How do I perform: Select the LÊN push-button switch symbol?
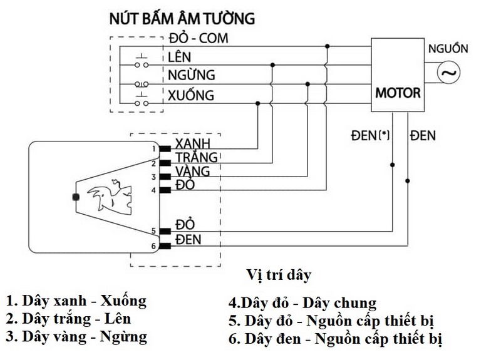pyautogui.click(x=143, y=62)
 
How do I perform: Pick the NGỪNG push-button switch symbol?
pyautogui.click(x=143, y=82)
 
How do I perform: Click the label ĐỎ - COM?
pyautogui.click(x=198, y=39)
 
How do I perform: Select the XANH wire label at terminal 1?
pyautogui.click(x=192, y=143)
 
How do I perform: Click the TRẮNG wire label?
pyautogui.click(x=197, y=157)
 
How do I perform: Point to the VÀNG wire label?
pyautogui.click(x=194, y=172)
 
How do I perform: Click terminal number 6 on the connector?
pyautogui.click(x=153, y=247)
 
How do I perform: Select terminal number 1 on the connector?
pyautogui.click(x=153, y=148)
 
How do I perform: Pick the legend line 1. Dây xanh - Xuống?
pyautogui.click(x=76, y=301)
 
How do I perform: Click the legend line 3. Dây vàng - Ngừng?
pyautogui.click(x=76, y=337)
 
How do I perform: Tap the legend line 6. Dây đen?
pyautogui.click(x=335, y=339)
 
